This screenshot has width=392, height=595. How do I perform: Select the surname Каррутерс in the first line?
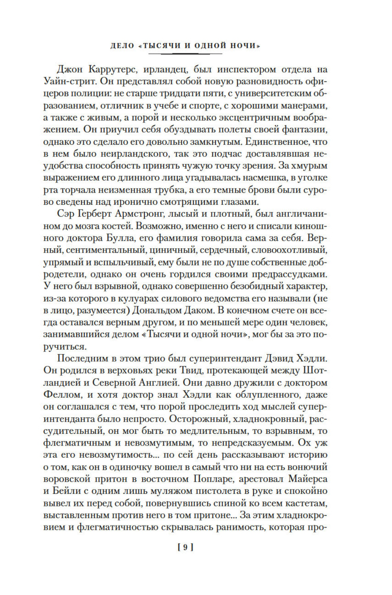tap(111, 70)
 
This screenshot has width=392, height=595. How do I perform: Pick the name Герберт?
tap(93, 214)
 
